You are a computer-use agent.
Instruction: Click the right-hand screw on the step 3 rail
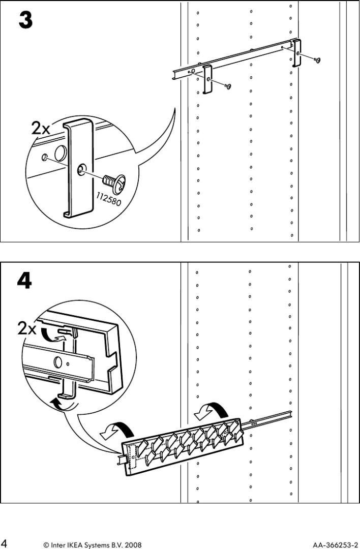point(317,60)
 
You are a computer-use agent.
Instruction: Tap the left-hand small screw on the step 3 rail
point(228,86)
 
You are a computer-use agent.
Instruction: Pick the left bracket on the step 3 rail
point(207,79)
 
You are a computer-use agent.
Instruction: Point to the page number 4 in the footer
point(5,543)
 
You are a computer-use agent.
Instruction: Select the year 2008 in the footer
point(132,544)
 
